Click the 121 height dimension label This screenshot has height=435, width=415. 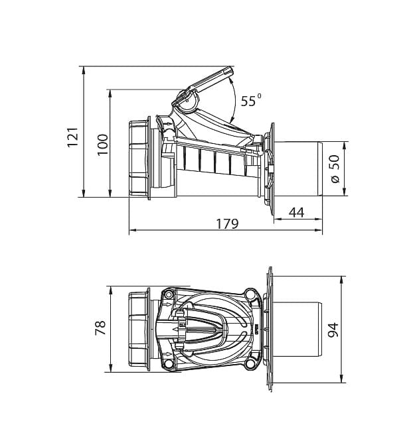point(73,137)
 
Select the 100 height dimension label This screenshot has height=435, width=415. point(103,145)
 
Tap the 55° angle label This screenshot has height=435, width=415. point(250,100)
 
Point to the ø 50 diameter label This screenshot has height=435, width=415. point(335,168)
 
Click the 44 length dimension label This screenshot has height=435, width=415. point(296,212)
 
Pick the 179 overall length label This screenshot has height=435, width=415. point(227,224)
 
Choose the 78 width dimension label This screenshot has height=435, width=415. point(100,328)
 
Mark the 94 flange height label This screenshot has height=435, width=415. point(333,330)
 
